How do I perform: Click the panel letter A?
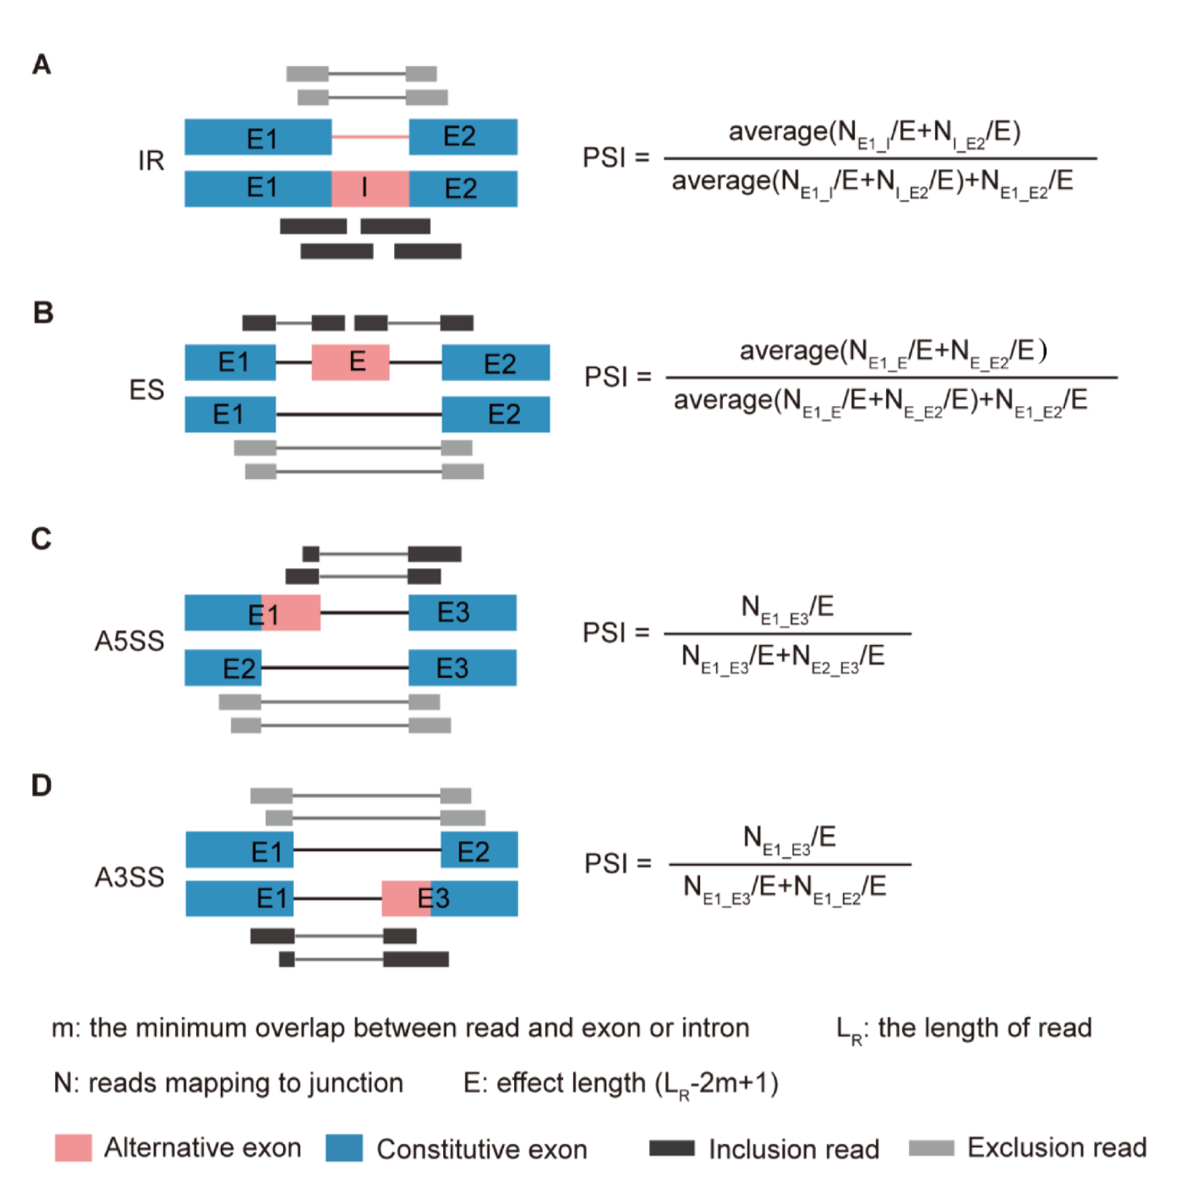coord(42,64)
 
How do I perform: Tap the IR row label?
coord(151,161)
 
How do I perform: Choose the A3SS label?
coord(129,877)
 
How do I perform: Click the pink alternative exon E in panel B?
coord(350,362)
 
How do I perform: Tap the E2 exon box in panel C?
coord(223,668)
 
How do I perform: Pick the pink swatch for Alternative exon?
coord(73,1147)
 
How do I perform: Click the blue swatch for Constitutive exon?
coord(344,1147)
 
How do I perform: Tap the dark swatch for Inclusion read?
coord(672,1147)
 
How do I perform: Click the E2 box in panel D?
coord(479,849)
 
